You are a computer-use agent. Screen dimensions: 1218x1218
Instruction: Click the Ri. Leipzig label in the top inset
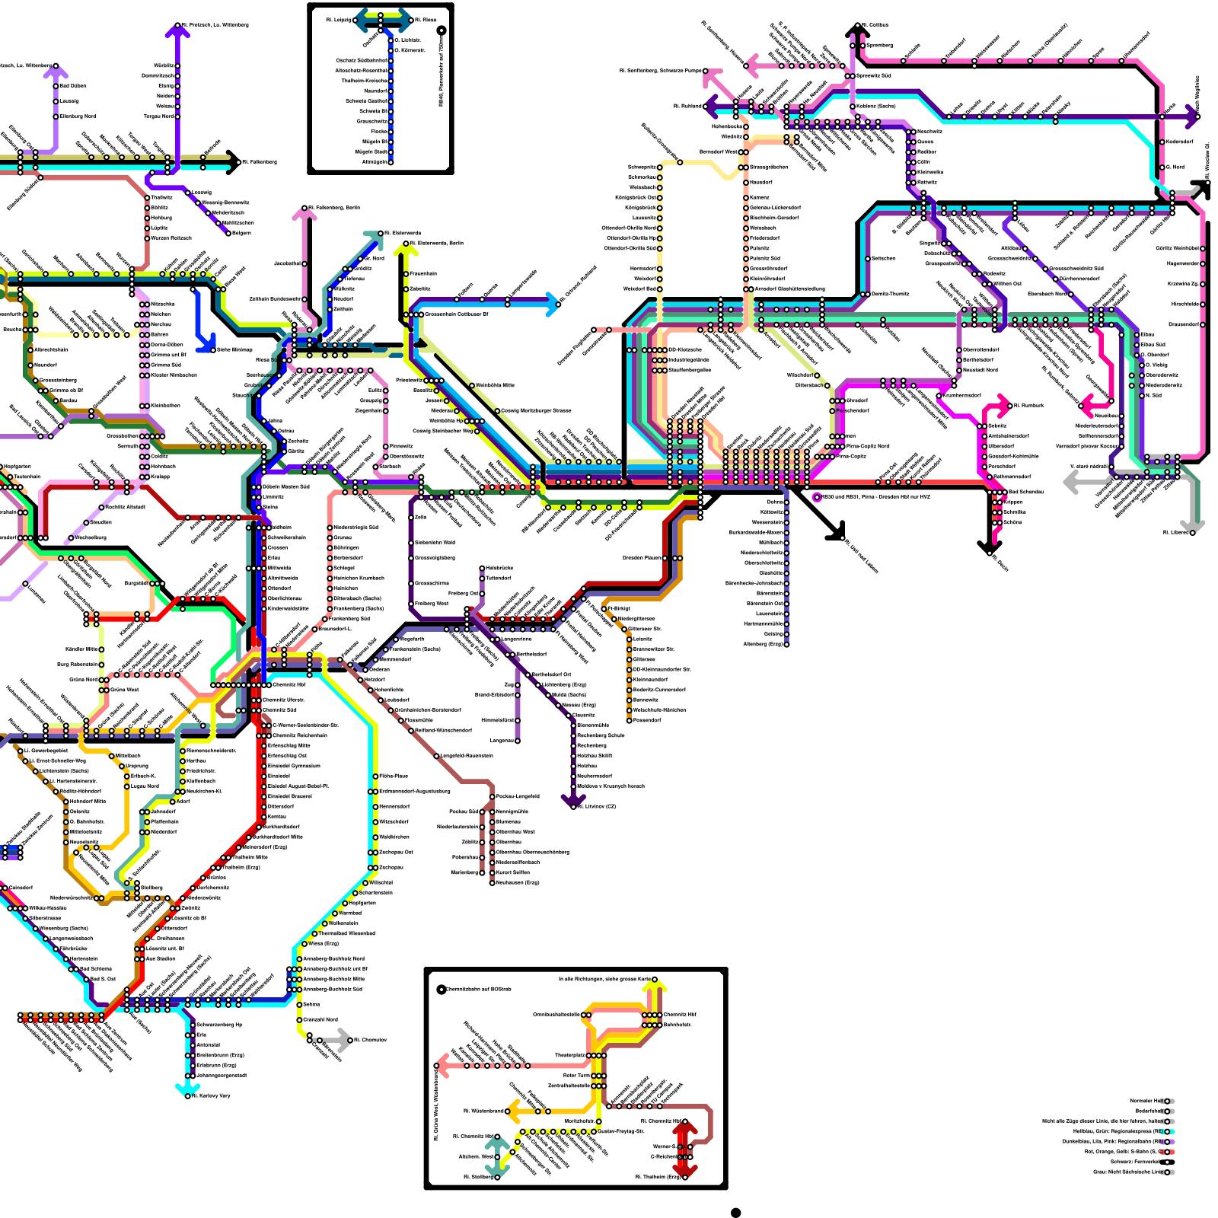tap(340, 20)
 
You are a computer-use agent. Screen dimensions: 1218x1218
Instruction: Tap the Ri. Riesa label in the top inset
tap(426, 20)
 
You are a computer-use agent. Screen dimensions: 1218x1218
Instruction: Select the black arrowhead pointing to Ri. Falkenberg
tap(232, 161)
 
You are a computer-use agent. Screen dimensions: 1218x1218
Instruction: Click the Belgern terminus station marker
tap(228, 234)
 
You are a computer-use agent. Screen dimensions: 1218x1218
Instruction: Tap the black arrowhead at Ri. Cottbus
tap(857, 30)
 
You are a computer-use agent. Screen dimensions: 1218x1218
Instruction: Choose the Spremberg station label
tap(880, 45)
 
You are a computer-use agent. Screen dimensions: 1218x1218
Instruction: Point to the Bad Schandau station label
tap(1026, 492)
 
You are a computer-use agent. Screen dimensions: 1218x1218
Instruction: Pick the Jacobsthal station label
tap(287, 263)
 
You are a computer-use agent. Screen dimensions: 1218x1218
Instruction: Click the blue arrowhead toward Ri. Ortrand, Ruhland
tap(552, 304)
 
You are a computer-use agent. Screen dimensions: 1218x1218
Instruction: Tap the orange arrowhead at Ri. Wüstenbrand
tap(512, 1111)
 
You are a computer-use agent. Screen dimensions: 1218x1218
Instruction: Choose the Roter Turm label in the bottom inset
tap(576, 1076)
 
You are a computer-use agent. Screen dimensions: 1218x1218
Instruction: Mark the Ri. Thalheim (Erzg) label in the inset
tap(658, 1177)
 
